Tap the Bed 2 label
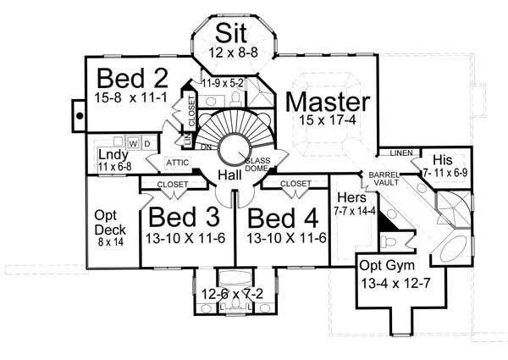click(131, 78)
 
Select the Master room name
click(328, 102)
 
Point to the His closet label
click(444, 159)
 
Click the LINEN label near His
click(400, 153)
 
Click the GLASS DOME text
click(257, 164)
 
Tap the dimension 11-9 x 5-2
click(223, 82)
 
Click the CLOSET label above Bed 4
click(294, 182)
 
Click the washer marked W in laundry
click(134, 142)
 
